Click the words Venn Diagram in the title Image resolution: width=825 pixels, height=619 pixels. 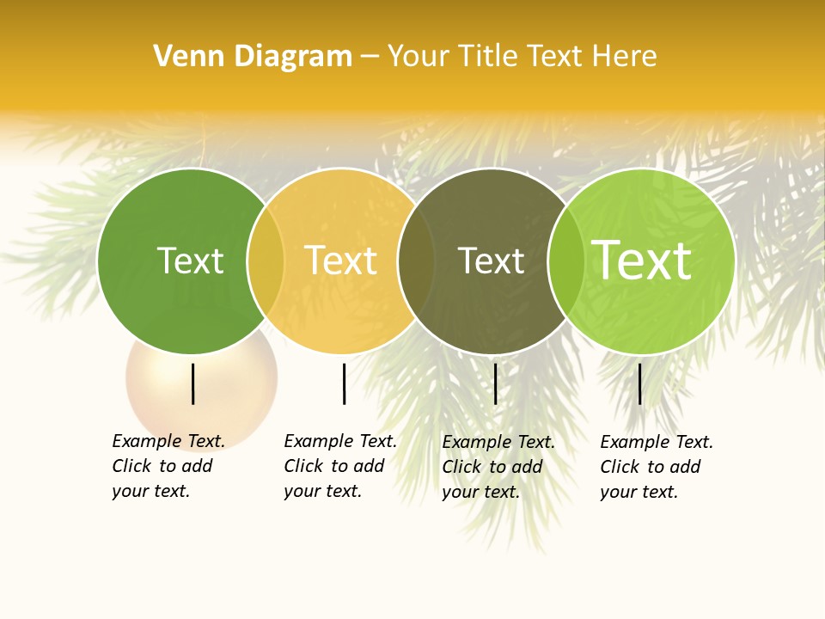[253, 57]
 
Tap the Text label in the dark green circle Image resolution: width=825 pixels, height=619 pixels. [190, 260]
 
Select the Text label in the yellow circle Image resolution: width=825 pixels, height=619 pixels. [341, 260]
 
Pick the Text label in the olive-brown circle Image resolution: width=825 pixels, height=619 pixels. [491, 260]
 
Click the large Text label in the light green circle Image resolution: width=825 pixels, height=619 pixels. [642, 260]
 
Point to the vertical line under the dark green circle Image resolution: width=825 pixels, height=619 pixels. [192, 383]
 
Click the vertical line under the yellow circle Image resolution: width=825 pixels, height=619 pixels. [344, 383]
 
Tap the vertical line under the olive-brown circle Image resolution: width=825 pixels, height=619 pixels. [495, 383]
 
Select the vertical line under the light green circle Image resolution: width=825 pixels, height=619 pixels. [639, 383]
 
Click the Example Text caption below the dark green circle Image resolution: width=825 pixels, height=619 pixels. [168, 466]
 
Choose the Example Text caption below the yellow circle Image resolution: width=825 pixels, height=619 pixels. [339, 466]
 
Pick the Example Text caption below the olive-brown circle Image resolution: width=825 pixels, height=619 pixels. [498, 467]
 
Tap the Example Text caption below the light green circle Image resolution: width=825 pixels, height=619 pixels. [656, 467]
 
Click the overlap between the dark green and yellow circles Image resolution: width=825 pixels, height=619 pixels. [266, 260]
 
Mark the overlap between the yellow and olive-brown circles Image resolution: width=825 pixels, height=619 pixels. [416, 260]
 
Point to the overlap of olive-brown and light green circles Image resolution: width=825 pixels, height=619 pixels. [566, 260]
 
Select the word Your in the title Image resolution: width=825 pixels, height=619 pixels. [418, 57]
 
